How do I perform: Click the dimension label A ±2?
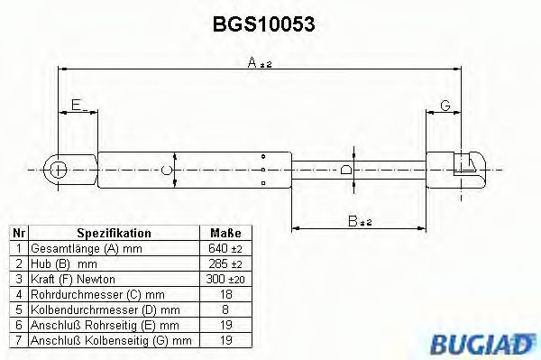click(x=259, y=62)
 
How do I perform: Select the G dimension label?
click(x=445, y=106)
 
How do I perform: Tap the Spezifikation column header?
click(x=114, y=233)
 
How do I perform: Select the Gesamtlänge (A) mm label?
click(x=75, y=248)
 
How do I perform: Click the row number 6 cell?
click(x=19, y=324)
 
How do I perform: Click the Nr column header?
click(x=19, y=233)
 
